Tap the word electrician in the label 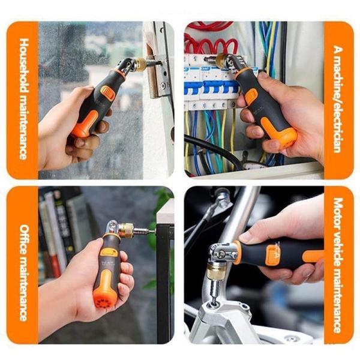[x=338, y=129]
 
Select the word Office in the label [x=24, y=239]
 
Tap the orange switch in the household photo [x=107, y=93]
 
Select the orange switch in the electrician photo [x=251, y=96]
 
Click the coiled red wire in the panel [x=210, y=45]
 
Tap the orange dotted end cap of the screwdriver [x=103, y=299]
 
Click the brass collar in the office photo [x=125, y=230]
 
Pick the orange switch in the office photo [x=109, y=252]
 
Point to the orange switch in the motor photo [x=273, y=254]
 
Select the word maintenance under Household [x=24, y=127]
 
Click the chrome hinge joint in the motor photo [x=222, y=253]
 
